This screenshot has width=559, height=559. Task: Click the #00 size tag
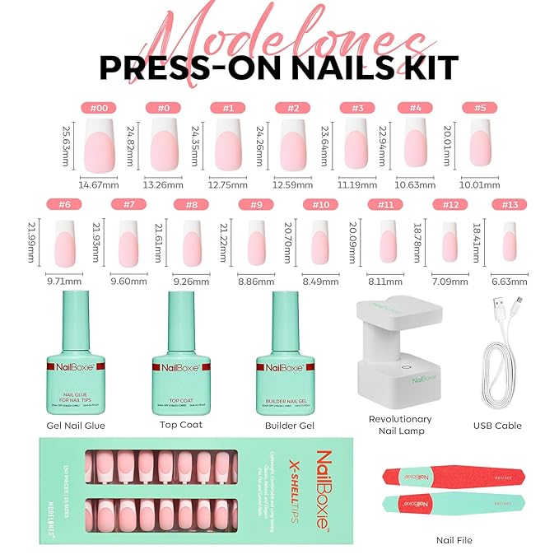(98, 107)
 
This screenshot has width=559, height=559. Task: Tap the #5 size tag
(480, 107)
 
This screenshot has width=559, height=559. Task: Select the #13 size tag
(509, 204)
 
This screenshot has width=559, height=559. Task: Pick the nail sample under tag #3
(355, 142)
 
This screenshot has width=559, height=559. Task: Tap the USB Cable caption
(498, 426)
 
